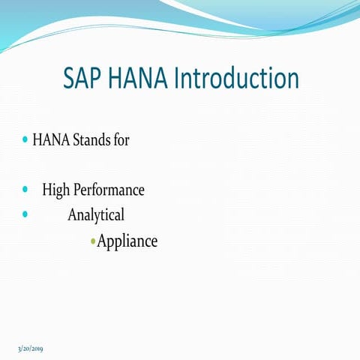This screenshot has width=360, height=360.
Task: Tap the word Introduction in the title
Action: tap(236, 79)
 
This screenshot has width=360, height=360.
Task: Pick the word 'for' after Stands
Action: tap(121, 141)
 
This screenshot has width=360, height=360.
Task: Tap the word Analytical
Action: tap(96, 215)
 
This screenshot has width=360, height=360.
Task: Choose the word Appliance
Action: tap(127, 242)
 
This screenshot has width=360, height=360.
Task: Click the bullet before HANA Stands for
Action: tap(25, 140)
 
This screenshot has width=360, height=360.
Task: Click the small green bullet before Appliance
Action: tap(92, 241)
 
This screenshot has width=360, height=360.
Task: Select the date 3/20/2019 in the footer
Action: tap(30, 350)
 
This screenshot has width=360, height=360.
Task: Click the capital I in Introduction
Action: tap(177, 79)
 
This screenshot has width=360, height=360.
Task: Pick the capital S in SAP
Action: tap(69, 79)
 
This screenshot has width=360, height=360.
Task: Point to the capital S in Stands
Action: tap(76, 141)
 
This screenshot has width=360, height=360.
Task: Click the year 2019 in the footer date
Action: tap(36, 350)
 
